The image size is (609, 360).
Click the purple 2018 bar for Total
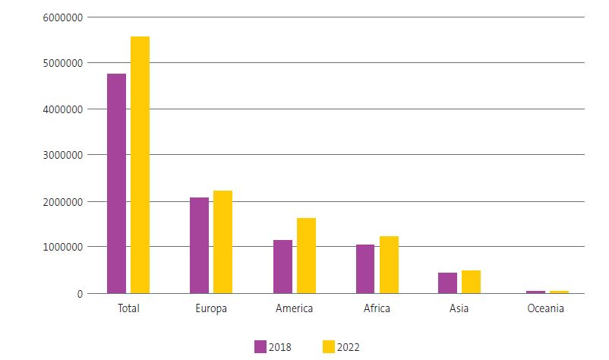[116, 183]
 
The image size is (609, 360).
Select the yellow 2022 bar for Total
[140, 165]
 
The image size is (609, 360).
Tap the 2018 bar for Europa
[199, 245]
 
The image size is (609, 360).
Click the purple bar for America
[282, 267]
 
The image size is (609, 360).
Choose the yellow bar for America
[306, 256]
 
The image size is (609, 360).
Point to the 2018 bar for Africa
[365, 269]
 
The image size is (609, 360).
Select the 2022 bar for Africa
[389, 264]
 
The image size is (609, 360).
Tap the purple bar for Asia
[447, 283]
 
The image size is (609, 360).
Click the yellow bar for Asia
[471, 282]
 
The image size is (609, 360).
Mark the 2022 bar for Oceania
[559, 292]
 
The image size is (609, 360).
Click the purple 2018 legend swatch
[260, 347]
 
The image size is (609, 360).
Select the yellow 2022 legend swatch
[329, 347]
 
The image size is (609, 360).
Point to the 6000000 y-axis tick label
[65, 17]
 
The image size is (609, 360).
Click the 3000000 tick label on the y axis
[65, 155]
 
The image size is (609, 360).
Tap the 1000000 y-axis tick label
[65, 247]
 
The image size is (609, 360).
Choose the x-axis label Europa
[211, 308]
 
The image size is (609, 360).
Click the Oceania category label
[547, 308]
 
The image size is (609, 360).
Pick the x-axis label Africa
[377, 308]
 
